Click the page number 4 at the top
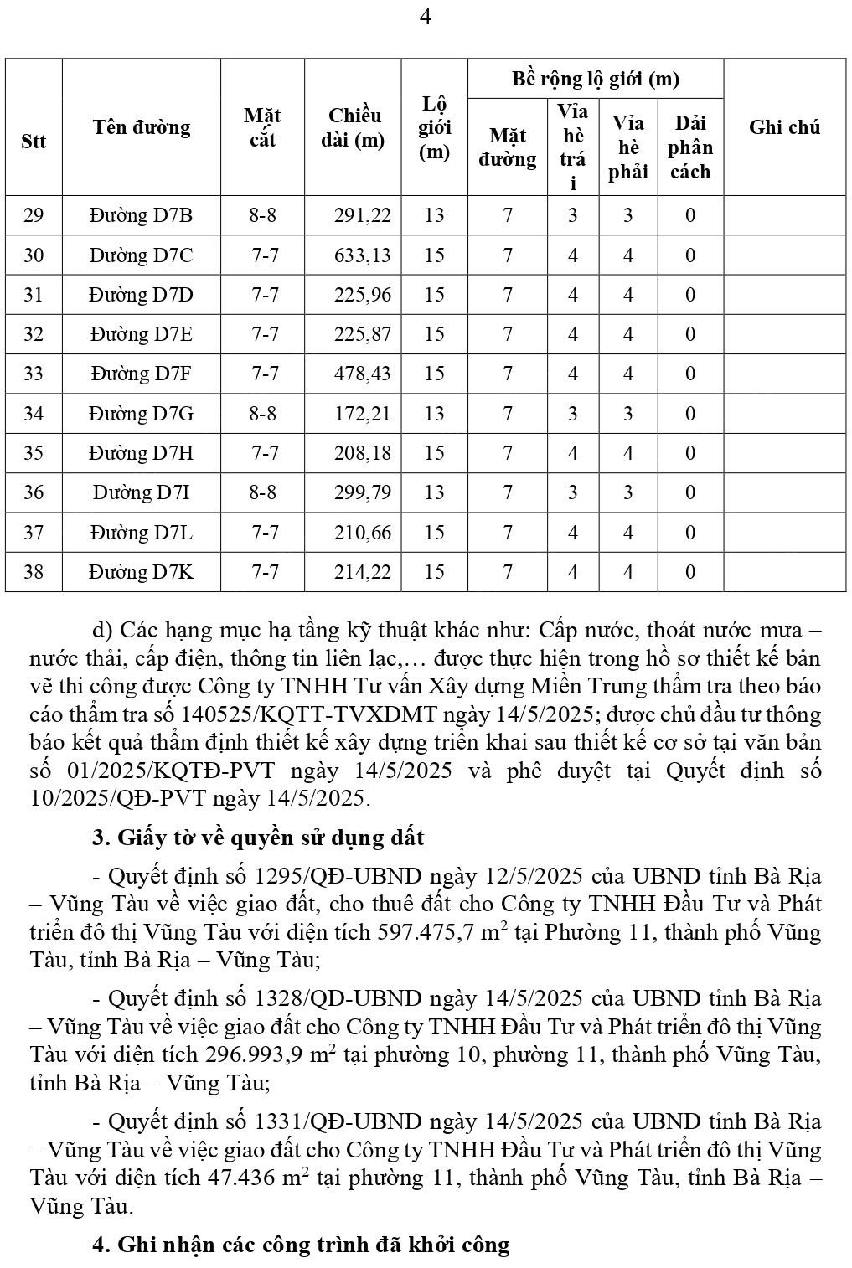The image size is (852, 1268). [x=425, y=18]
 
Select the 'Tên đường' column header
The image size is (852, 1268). [x=142, y=127]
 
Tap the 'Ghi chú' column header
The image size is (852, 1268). [x=784, y=127]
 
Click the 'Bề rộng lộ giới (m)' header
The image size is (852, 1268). [x=595, y=79]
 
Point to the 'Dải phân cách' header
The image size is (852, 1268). [x=690, y=147]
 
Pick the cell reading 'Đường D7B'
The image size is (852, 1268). [x=142, y=215]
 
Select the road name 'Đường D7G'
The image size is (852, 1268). [x=142, y=413]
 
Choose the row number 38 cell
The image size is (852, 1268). [x=34, y=572]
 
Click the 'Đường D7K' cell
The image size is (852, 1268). [x=142, y=572]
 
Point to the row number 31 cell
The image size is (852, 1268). [x=34, y=295]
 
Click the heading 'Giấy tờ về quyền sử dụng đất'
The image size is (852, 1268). [x=271, y=838]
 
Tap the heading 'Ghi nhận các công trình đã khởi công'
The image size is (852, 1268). [x=312, y=1245]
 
